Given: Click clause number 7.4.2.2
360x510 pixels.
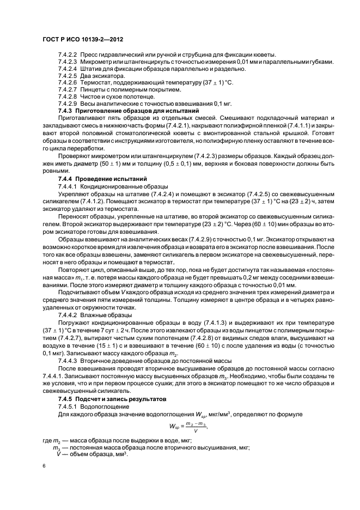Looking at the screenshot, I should pos(68,54).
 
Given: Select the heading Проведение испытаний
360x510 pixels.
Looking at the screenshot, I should pos(105,179).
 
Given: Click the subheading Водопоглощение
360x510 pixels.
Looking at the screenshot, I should pos(106,406).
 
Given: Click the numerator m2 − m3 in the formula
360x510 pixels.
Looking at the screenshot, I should pos(196,424).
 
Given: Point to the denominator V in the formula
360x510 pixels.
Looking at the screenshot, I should pos(196,431).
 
